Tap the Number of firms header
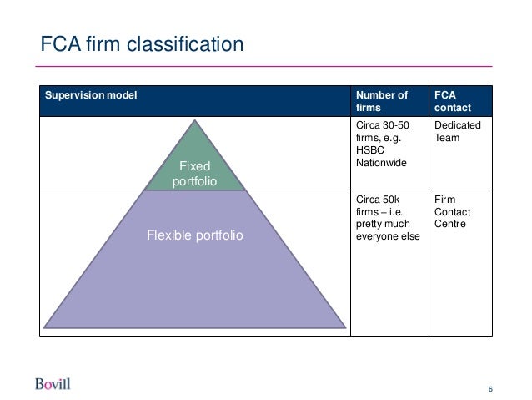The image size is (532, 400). click(383, 102)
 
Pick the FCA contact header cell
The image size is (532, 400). click(452, 102)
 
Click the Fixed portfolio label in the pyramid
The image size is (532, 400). click(193, 174)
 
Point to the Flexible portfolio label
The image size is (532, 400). click(195, 237)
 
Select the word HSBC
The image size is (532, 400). click(369, 150)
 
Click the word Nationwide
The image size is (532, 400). click(381, 162)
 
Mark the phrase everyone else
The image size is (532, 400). click(387, 238)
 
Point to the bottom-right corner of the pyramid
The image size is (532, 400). click(344, 327)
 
